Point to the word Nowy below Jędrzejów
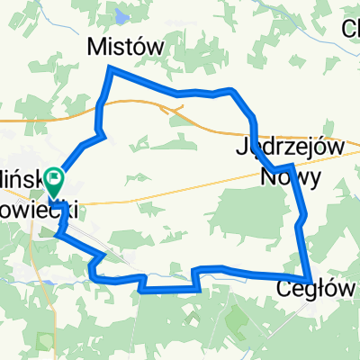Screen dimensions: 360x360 coord(290,176)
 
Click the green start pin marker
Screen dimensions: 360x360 coord(55,184)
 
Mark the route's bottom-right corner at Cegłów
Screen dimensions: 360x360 coord(310,278)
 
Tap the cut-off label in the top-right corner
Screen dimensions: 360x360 coord(351,29)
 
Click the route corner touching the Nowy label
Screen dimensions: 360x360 coord(292,167)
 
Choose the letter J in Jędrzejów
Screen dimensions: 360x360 coord(240,146)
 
